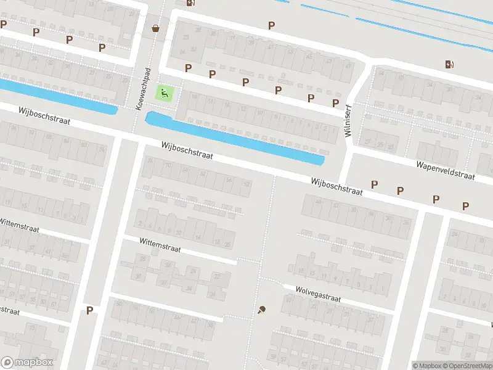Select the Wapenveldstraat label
(445, 170)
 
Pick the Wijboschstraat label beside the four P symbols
(337, 186)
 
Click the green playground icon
(165, 94)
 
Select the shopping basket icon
(155, 27)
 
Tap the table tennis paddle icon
(262, 310)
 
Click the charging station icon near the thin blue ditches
(450, 64)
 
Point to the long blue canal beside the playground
(234, 138)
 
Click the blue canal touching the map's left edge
(55, 96)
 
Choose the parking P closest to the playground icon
(189, 68)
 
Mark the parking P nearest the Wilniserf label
(336, 103)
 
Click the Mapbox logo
(28, 363)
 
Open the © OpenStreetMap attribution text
(467, 366)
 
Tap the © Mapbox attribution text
(426, 366)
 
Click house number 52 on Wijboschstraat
(247, 184)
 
